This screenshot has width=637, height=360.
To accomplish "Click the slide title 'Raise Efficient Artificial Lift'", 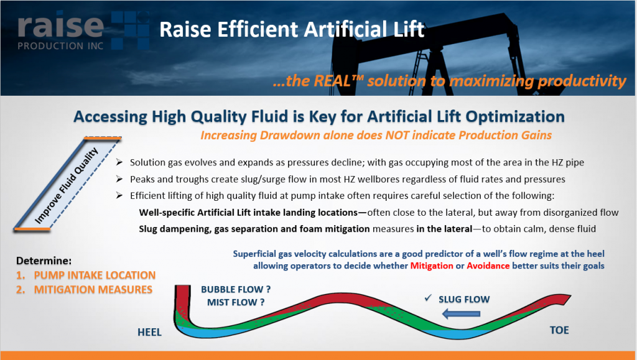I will [292, 29].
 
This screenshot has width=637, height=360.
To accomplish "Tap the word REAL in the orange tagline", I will [351, 81].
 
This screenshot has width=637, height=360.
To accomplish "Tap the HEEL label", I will [149, 333].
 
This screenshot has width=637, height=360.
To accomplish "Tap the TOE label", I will [559, 330].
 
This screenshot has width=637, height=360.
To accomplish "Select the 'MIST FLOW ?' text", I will [236, 303].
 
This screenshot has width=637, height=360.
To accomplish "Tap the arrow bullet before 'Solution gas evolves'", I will [121, 163].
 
